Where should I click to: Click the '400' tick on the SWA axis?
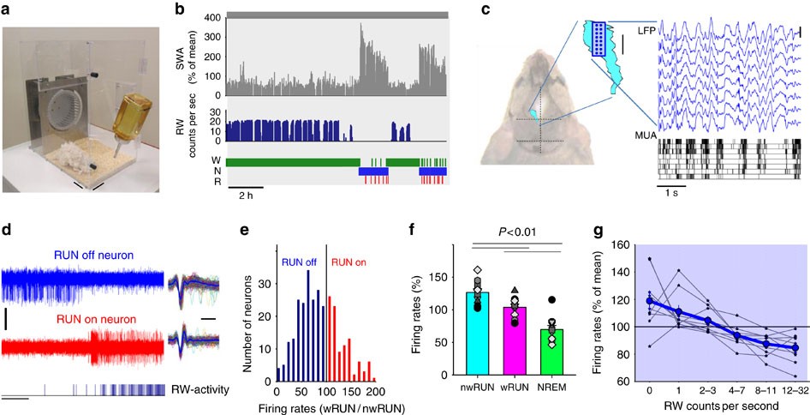tap(215, 18)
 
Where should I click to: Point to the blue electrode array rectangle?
tap(597, 39)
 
